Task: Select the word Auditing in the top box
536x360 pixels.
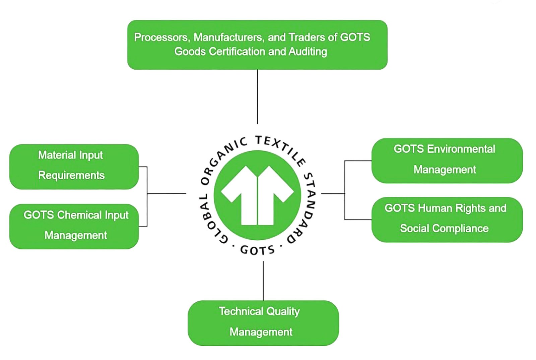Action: (308, 52)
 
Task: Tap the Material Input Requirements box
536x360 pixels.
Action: (74, 167)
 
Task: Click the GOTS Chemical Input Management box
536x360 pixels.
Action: (74, 226)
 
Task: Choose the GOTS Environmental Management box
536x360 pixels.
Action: (447, 160)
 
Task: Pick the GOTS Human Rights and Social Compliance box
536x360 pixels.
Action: (447, 220)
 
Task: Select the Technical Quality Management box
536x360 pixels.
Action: (263, 323)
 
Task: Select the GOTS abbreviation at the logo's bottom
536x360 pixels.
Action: (257, 250)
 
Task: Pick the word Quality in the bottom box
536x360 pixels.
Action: (283, 311)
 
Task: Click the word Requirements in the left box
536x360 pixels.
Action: (71, 175)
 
